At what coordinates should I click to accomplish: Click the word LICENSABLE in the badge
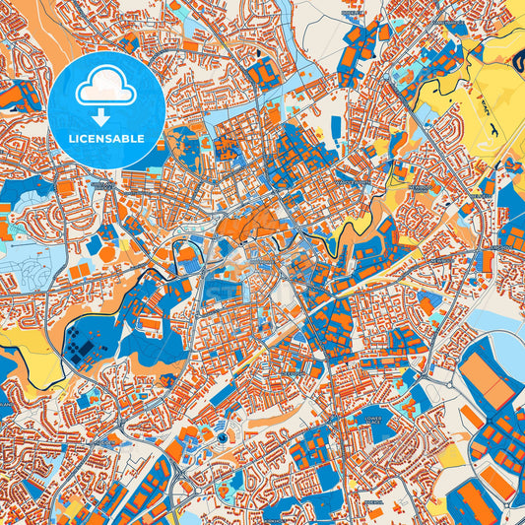(109, 139)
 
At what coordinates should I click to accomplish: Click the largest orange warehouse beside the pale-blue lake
(486, 375)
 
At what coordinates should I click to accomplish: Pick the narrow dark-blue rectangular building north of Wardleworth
(336, 128)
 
